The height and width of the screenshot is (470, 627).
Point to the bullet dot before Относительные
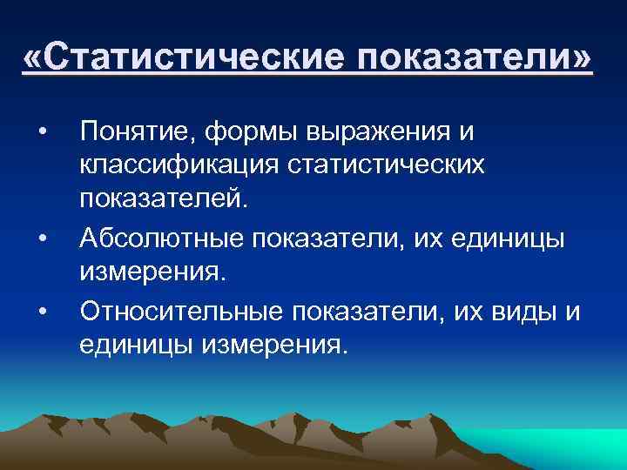click(42, 309)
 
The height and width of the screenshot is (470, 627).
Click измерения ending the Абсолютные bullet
click(153, 272)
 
